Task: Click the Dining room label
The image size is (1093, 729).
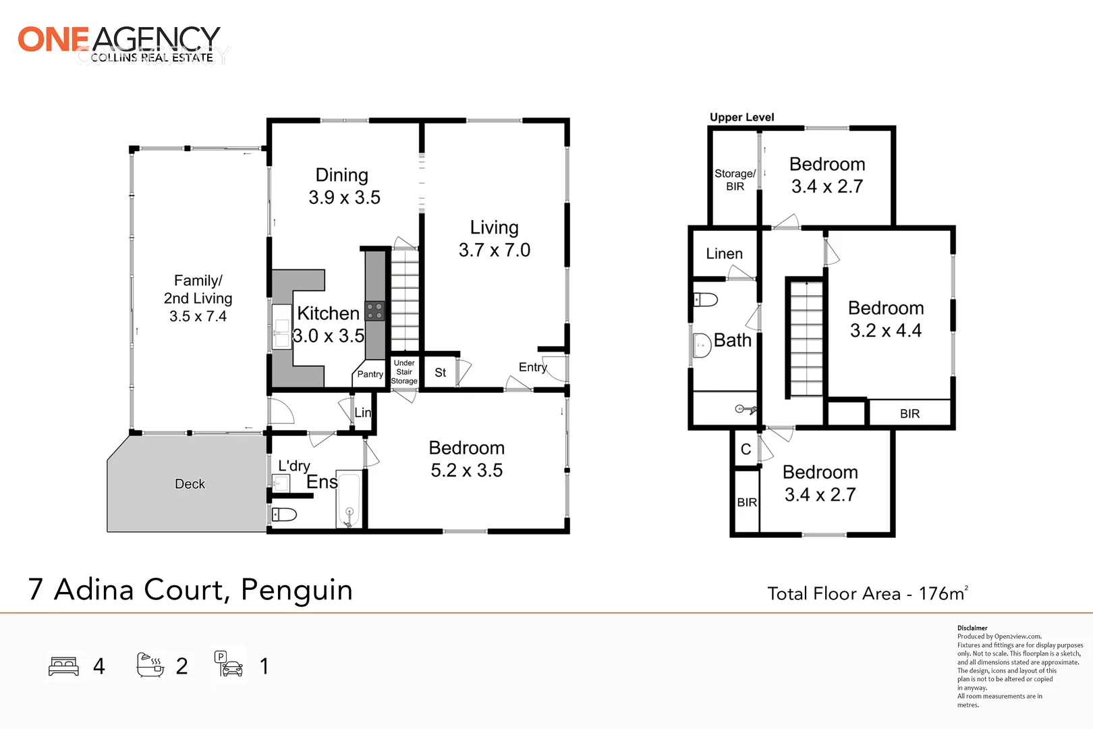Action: coord(342,175)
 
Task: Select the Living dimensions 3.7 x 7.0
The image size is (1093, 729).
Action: coord(495,250)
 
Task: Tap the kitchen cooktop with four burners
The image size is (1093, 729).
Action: coord(374,311)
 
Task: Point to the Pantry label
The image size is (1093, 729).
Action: coord(370,374)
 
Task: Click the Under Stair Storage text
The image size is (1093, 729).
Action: coord(404,372)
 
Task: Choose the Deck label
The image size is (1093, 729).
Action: coord(190,484)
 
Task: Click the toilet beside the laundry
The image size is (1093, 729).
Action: coord(284,515)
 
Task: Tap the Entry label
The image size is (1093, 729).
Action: coord(532,367)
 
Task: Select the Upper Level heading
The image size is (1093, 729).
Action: coord(741,117)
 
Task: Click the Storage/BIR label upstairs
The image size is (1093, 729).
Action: coord(735,180)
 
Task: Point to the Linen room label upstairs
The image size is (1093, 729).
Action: coord(724,254)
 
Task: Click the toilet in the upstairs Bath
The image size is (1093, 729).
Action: coord(706,299)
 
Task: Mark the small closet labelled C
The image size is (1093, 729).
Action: coord(746,450)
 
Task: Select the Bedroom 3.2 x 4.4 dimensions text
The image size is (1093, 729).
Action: coord(885,331)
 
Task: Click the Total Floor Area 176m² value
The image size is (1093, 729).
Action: coord(943,593)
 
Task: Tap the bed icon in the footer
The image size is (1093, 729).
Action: coord(64,666)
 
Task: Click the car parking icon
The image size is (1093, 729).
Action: coord(229,664)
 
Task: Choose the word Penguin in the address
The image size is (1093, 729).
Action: coord(296,589)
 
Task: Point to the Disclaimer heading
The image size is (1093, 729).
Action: coord(972,628)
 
